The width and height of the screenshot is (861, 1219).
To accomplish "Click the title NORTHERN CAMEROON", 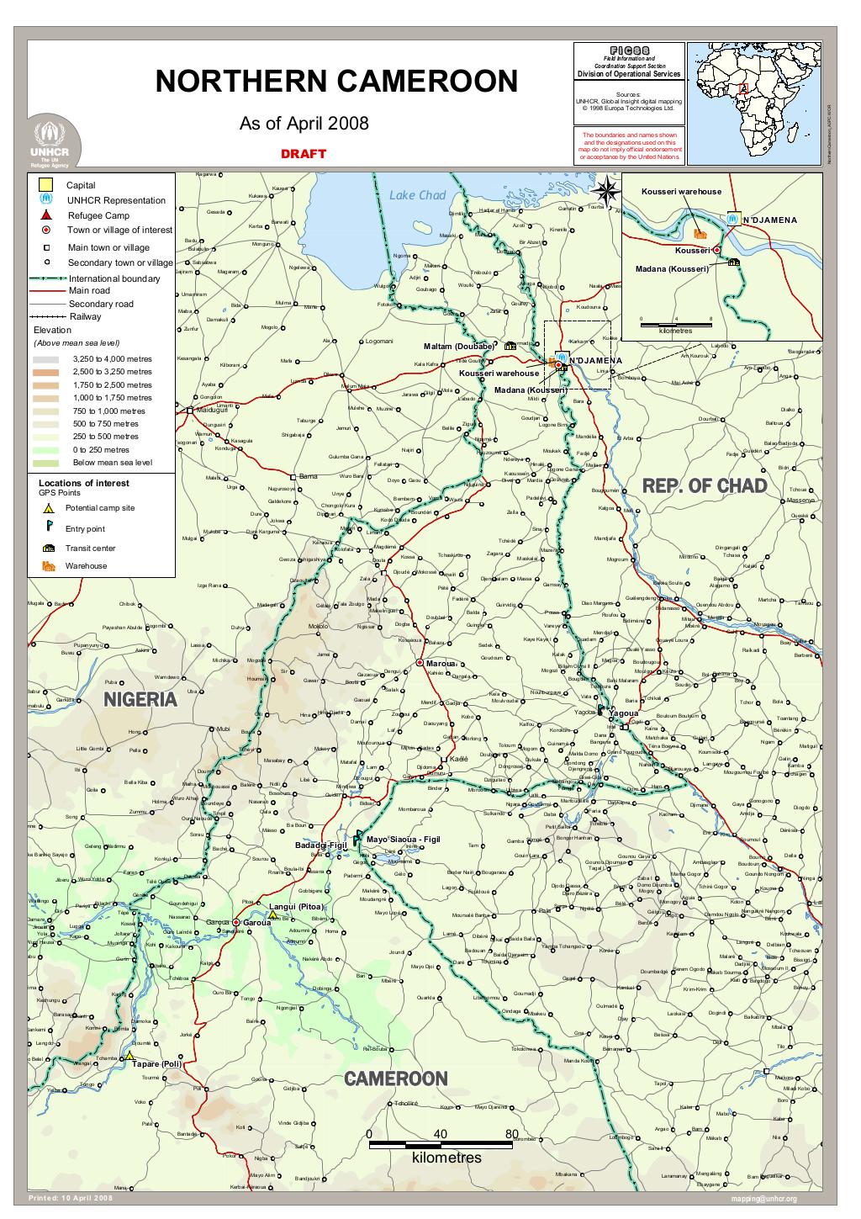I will [x=336, y=82].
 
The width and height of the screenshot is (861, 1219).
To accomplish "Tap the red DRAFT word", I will [x=304, y=154].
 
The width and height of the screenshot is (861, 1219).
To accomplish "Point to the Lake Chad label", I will [x=417, y=195].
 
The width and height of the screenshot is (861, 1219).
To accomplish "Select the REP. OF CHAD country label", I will [x=705, y=486].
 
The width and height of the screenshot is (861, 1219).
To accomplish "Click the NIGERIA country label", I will [x=140, y=699].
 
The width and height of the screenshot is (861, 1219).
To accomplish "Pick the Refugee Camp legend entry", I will [x=98, y=215].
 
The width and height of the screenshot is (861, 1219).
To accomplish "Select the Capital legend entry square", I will [x=48, y=185].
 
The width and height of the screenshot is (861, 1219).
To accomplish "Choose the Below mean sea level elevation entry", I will [x=112, y=463].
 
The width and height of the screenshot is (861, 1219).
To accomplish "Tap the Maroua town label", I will [x=440, y=663].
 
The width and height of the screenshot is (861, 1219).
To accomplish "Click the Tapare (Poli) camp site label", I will [x=156, y=1064].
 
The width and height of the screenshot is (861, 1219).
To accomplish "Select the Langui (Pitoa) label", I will [x=296, y=906].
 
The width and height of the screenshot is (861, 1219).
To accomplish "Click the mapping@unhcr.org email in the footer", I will [x=763, y=1199].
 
